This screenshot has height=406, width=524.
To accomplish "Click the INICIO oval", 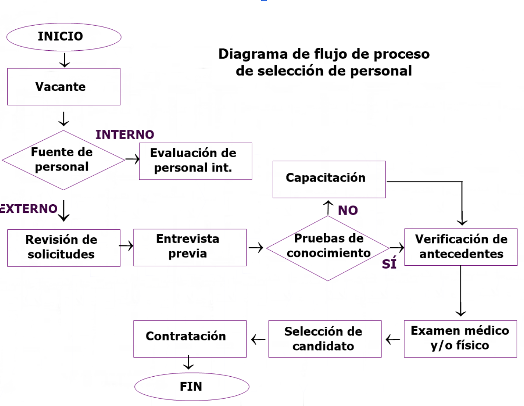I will pos(63,37).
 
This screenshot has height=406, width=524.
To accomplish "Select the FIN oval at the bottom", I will pos(192,387).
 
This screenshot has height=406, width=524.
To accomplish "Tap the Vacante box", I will pos(63,87).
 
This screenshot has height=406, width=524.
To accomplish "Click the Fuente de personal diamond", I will pos(63,160).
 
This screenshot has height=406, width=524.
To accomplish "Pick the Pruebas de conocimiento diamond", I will pos(328,248).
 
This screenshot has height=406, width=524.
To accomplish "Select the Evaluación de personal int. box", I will pos(195,161).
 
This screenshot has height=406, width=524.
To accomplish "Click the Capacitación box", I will pos(329,179).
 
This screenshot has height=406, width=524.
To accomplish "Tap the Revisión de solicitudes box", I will pos(63,248).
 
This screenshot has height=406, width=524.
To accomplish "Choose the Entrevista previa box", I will pos(189,247).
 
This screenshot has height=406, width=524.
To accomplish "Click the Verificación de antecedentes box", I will pos(461,247).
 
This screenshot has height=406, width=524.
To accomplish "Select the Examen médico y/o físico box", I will pos(460,338).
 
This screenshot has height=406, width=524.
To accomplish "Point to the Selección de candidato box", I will pos(325,339).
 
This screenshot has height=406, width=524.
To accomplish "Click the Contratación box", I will pos(189,338).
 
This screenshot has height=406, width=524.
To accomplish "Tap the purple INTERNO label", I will pos(125,135).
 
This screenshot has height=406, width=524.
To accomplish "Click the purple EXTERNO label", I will pos(28,209).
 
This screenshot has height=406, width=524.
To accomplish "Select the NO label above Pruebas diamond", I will pos(348,210).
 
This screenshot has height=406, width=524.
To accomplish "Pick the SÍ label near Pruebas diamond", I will pos(389,264).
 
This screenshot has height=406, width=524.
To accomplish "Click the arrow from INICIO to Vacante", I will pos(64,60).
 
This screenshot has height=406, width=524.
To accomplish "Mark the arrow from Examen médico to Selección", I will pos(393,340).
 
